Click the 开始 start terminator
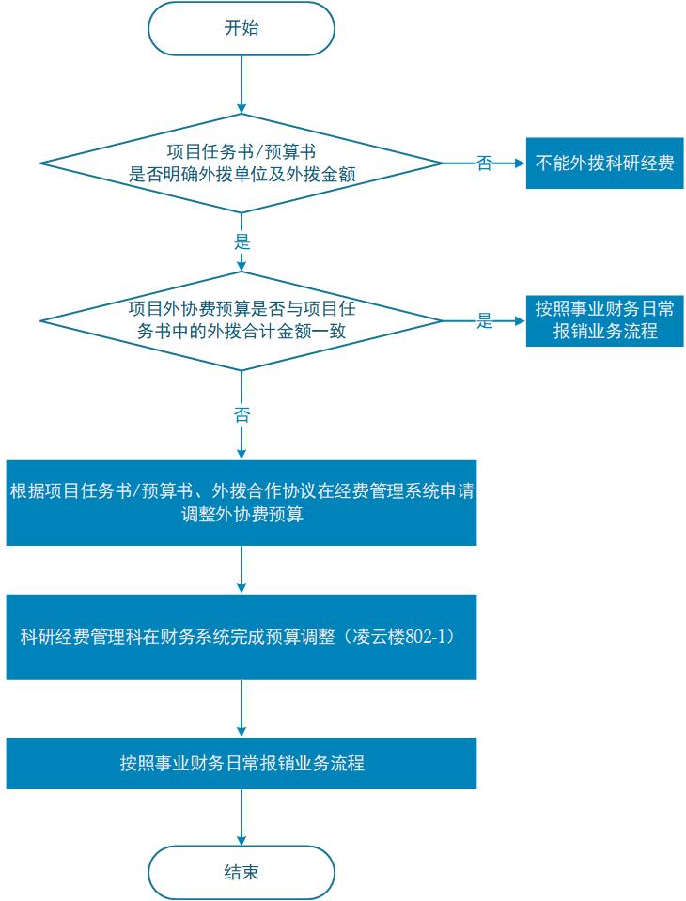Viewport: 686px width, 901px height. point(242,28)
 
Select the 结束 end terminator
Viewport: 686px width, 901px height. point(242,873)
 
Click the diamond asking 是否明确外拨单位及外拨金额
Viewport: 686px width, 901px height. point(242,163)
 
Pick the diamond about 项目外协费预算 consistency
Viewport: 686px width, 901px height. point(242,319)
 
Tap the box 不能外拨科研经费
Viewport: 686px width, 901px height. point(604,163)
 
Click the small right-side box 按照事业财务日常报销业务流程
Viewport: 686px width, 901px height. point(604,320)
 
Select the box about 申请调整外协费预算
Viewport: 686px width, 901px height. point(242,503)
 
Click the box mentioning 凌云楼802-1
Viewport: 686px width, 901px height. point(242,637)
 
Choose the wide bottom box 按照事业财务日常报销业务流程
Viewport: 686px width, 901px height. point(242,763)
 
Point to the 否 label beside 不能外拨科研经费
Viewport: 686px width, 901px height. point(484,163)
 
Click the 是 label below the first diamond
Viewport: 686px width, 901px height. point(242,241)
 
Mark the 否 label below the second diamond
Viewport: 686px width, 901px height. point(242,413)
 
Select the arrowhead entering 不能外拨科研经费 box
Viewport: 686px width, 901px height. point(518,163)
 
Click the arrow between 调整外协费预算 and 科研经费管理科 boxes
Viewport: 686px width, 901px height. point(242,569)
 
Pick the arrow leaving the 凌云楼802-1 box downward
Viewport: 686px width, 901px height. point(242,707)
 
